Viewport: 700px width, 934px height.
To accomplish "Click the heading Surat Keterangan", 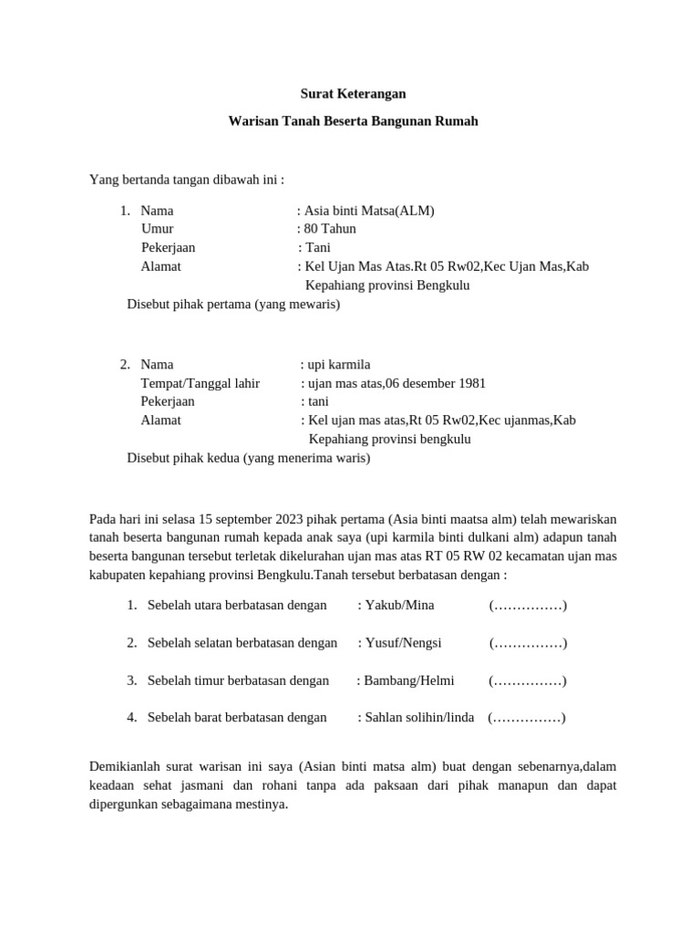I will point(353,93).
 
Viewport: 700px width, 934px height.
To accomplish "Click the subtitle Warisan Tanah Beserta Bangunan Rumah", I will point(353,120).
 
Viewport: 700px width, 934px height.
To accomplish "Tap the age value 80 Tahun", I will point(330,229).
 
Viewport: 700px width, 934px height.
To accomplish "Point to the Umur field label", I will point(157,229).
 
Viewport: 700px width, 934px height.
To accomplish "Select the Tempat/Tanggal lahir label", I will point(200,383).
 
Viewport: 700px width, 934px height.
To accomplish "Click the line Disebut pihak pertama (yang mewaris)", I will point(233,305).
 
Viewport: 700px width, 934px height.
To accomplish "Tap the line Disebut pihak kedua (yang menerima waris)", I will point(249,458).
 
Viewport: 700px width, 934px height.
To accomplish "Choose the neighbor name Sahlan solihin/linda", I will point(419,718).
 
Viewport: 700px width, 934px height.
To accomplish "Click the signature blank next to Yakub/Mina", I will point(528,606).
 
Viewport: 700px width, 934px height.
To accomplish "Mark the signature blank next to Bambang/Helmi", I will point(528,680).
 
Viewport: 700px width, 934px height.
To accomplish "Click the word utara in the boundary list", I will point(211,606).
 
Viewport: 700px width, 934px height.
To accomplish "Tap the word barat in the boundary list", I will point(210,718).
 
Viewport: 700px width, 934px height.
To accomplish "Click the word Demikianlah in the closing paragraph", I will point(125,767).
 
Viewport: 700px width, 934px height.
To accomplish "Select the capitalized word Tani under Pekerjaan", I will point(317,247).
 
